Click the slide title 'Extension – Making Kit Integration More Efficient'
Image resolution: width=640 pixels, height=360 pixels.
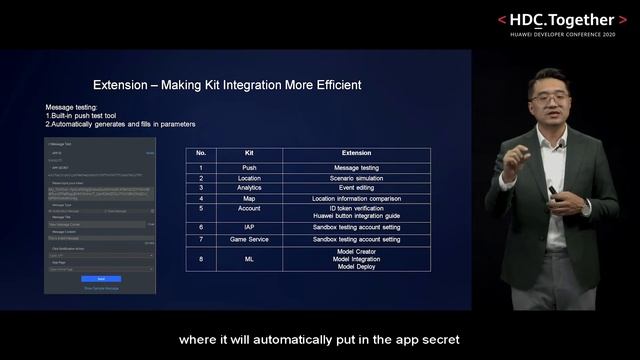[227, 85]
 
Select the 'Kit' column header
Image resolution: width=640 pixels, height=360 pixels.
[249, 153]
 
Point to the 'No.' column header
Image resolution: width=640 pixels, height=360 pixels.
[201, 153]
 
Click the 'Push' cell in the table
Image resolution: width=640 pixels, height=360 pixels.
[249, 167]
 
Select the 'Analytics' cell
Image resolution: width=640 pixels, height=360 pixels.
[249, 187]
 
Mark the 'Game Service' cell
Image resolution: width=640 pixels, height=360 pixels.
[249, 241]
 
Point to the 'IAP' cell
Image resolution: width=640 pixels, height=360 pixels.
[249, 228]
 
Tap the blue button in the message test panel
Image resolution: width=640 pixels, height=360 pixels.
[100, 279]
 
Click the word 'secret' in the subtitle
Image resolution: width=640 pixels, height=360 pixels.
[437, 338]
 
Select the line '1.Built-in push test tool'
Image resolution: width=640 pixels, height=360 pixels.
[89, 116]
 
